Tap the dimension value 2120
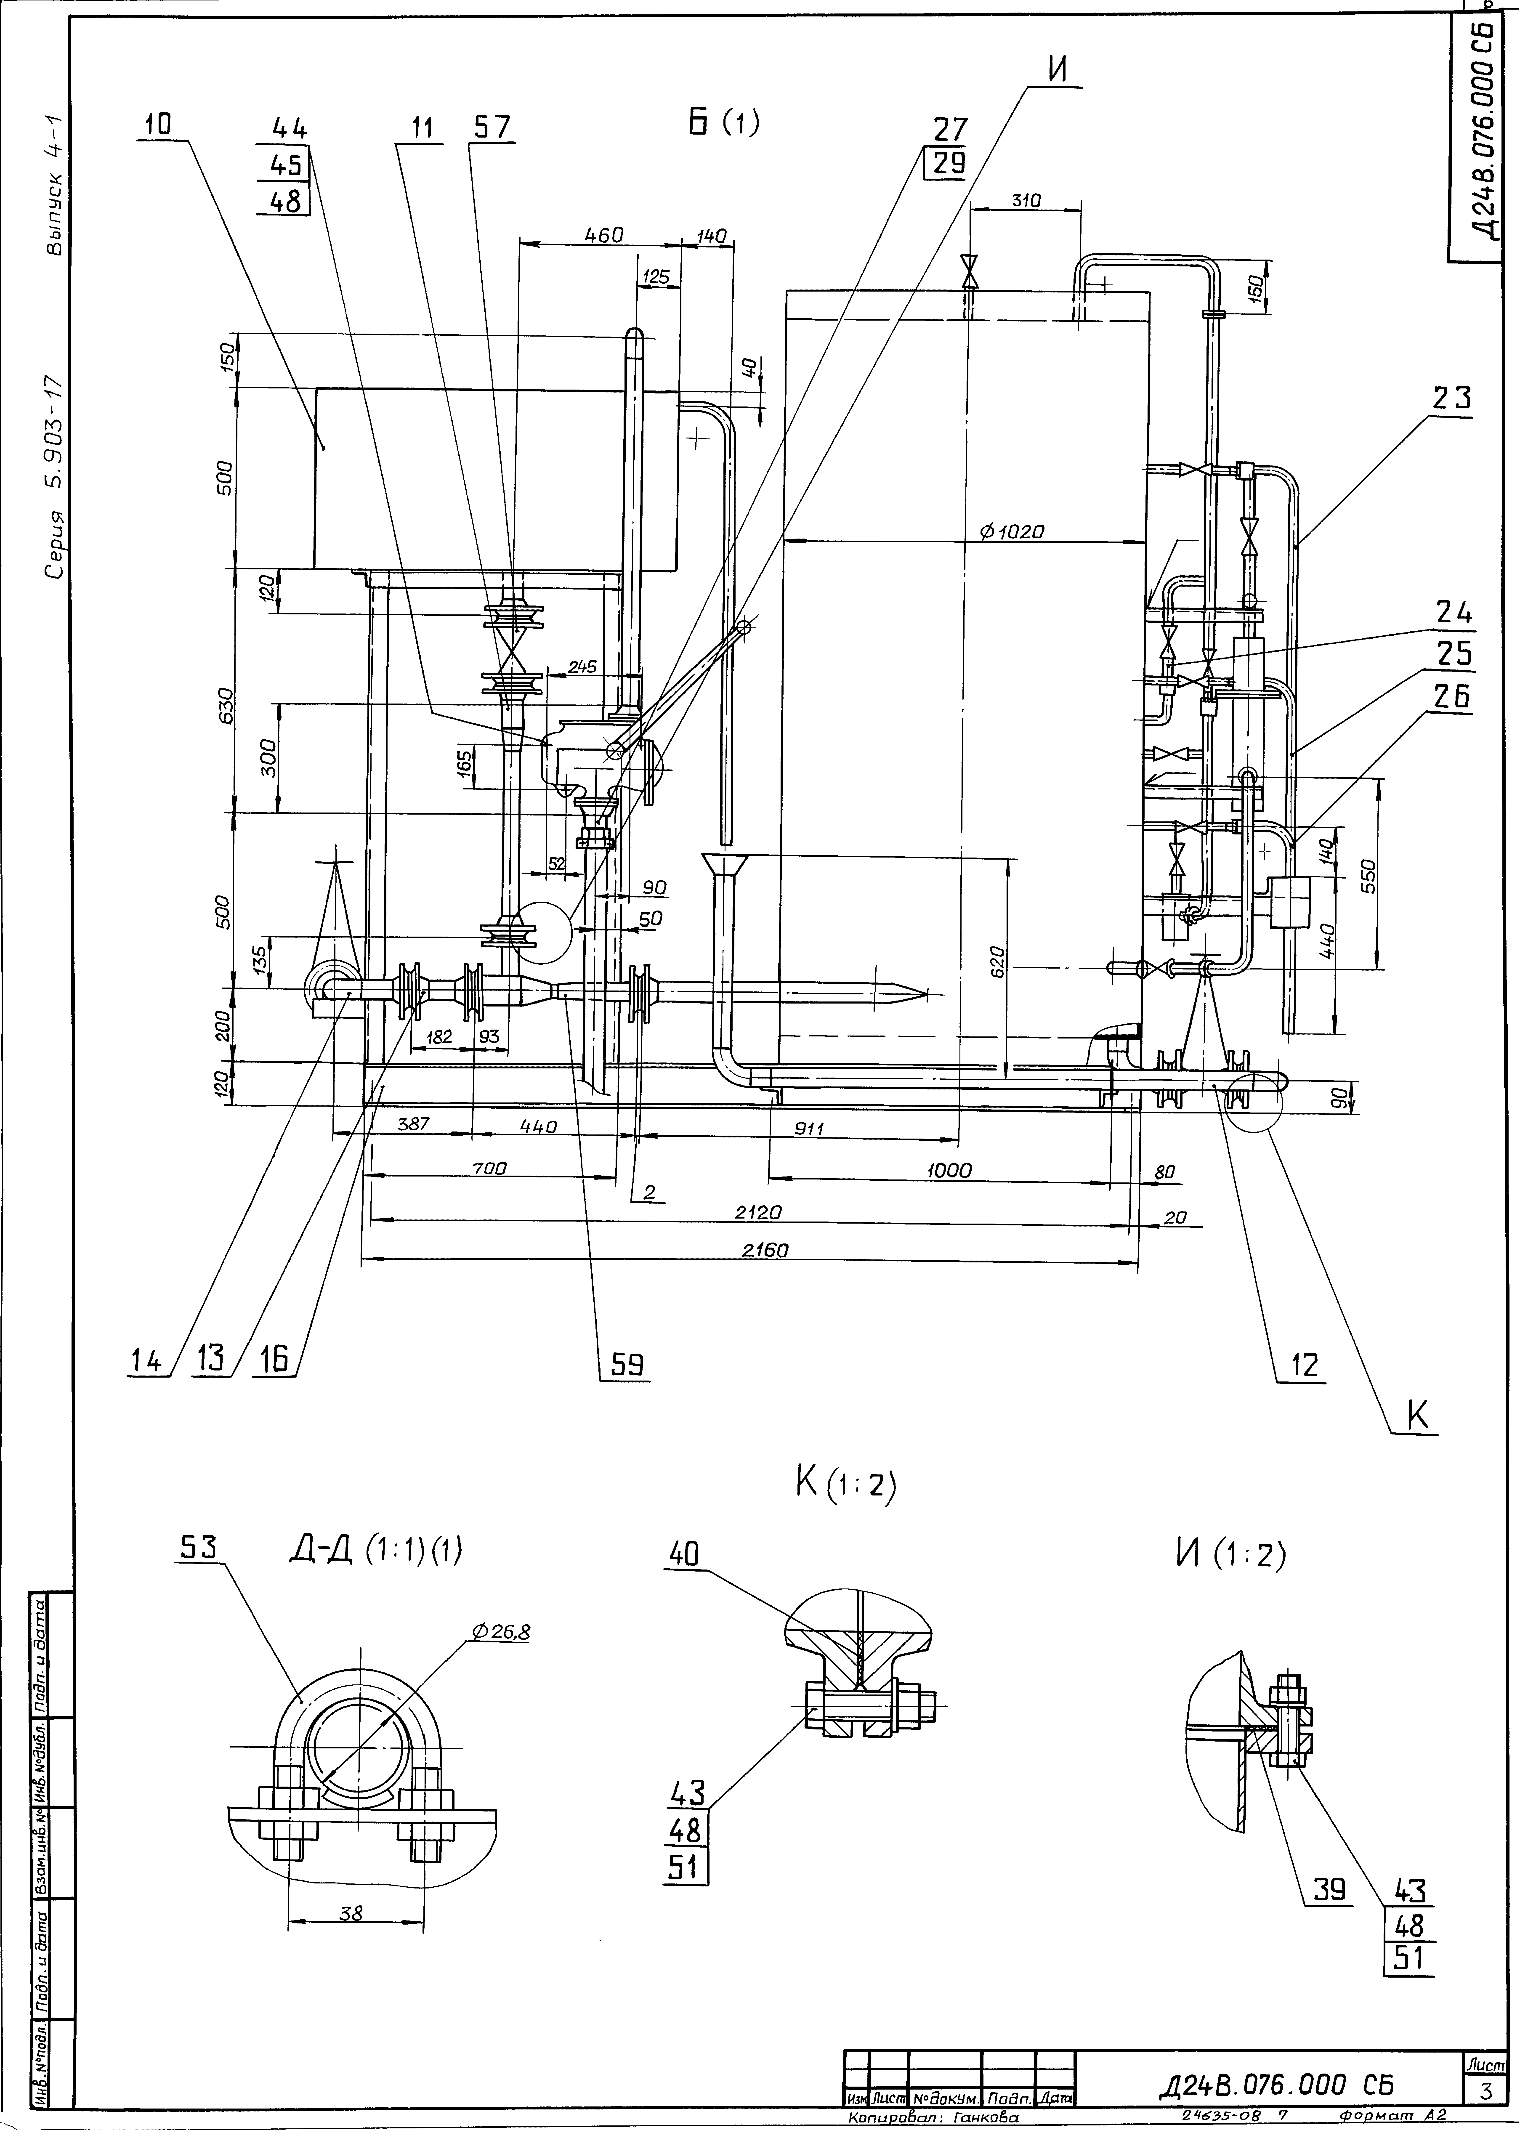click(x=758, y=1212)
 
